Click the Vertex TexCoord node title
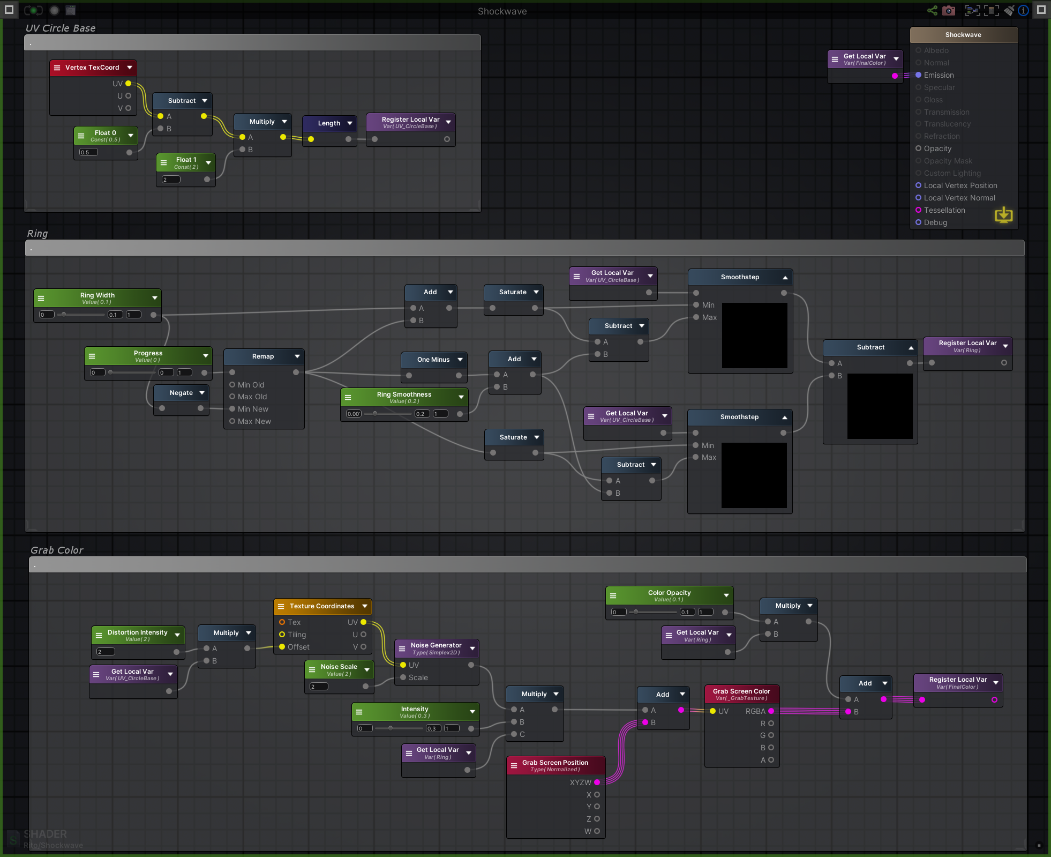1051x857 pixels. (x=92, y=68)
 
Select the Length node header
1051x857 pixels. (x=329, y=123)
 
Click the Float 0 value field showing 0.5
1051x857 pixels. (x=88, y=152)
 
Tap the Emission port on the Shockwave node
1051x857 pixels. (x=918, y=75)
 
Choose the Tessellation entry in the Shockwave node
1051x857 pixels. (x=944, y=210)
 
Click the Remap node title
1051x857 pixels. (x=262, y=356)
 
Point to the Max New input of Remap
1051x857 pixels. (x=232, y=421)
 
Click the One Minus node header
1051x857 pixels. (x=433, y=360)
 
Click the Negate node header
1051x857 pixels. (x=181, y=393)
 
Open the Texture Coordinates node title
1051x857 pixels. (x=321, y=606)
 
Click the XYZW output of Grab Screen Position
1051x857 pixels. (x=597, y=783)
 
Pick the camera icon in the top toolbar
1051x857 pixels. (x=949, y=11)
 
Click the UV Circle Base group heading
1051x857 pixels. (x=61, y=28)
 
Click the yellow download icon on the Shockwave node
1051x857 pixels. (x=1003, y=215)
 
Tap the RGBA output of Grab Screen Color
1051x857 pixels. (x=771, y=711)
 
